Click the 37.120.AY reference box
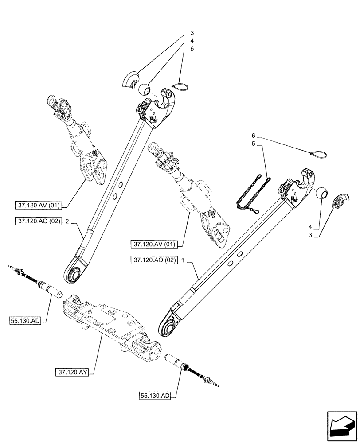click(x=73, y=373)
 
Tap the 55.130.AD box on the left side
click(x=24, y=320)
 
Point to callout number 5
click(x=254, y=144)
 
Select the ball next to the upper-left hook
click(x=144, y=91)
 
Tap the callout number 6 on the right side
click(x=254, y=135)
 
